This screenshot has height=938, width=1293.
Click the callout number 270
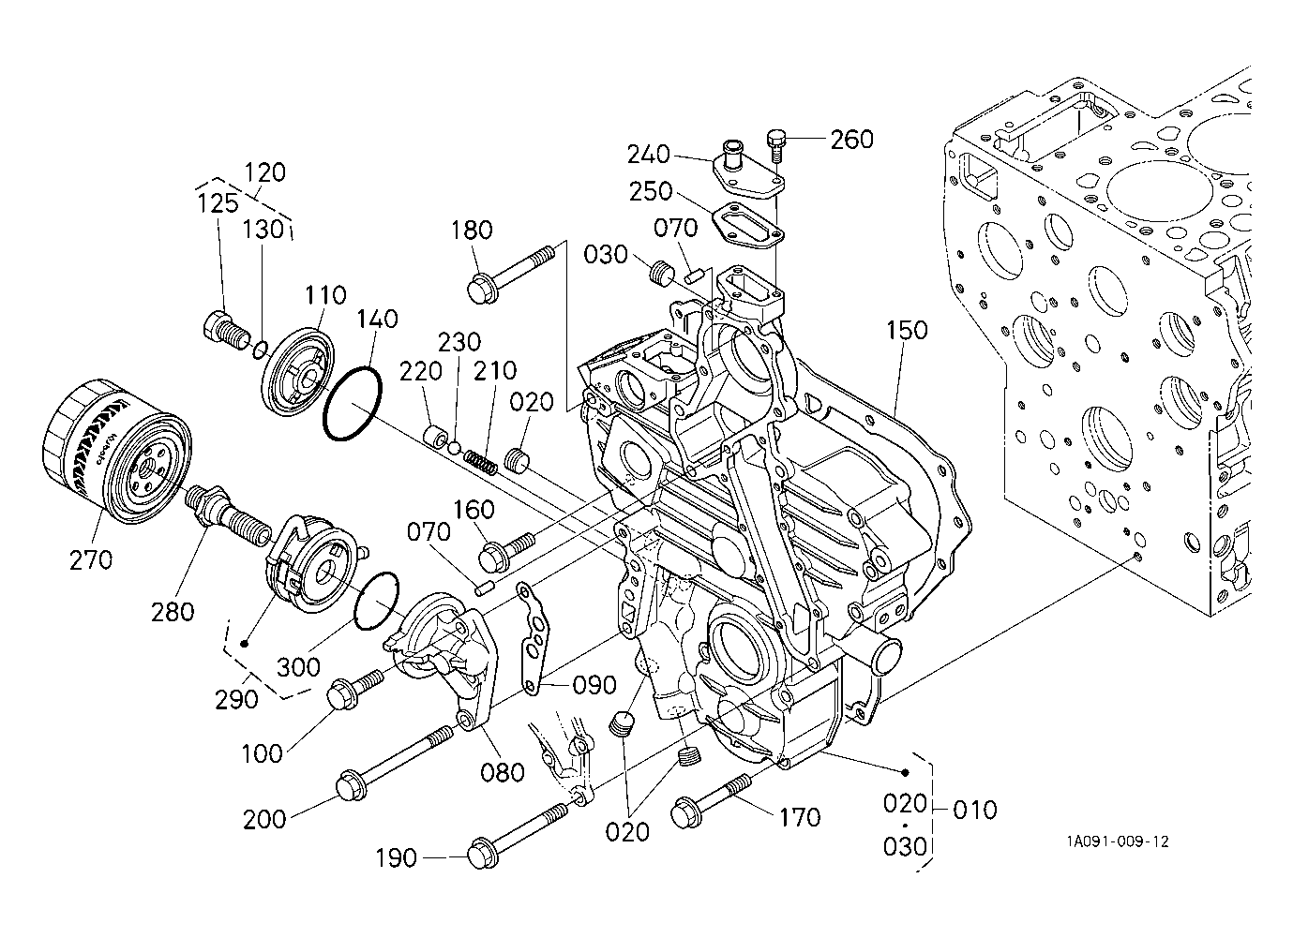point(91,560)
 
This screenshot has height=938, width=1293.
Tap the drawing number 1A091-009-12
point(1118,841)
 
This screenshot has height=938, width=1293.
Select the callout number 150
point(907,331)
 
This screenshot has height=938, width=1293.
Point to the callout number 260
point(852,140)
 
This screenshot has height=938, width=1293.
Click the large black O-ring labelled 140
point(353,403)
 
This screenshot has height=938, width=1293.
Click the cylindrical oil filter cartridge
point(117,451)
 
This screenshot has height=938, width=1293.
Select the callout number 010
point(975,811)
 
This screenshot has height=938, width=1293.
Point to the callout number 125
point(218,203)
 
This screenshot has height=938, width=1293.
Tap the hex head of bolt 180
point(481,289)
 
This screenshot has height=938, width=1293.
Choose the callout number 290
point(236,700)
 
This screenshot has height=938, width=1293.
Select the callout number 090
point(594,685)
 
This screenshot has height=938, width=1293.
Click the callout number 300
point(298,667)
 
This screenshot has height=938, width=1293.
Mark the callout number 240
point(649,155)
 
